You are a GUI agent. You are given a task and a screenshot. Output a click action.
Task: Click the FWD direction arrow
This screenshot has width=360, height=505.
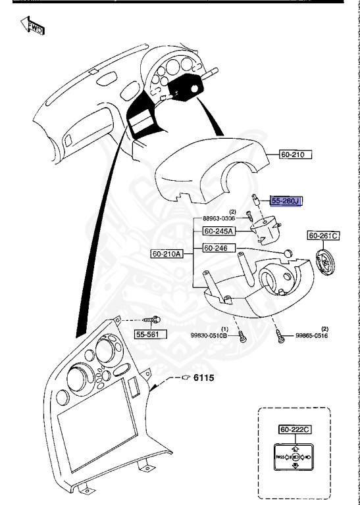pos(32,27)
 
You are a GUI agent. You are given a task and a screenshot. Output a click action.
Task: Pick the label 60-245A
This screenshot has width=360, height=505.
pos(217,231)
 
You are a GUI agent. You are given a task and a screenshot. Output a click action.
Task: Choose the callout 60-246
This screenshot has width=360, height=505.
pos(215,249)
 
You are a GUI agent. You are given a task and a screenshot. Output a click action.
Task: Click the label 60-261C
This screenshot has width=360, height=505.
pos(322,235)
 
